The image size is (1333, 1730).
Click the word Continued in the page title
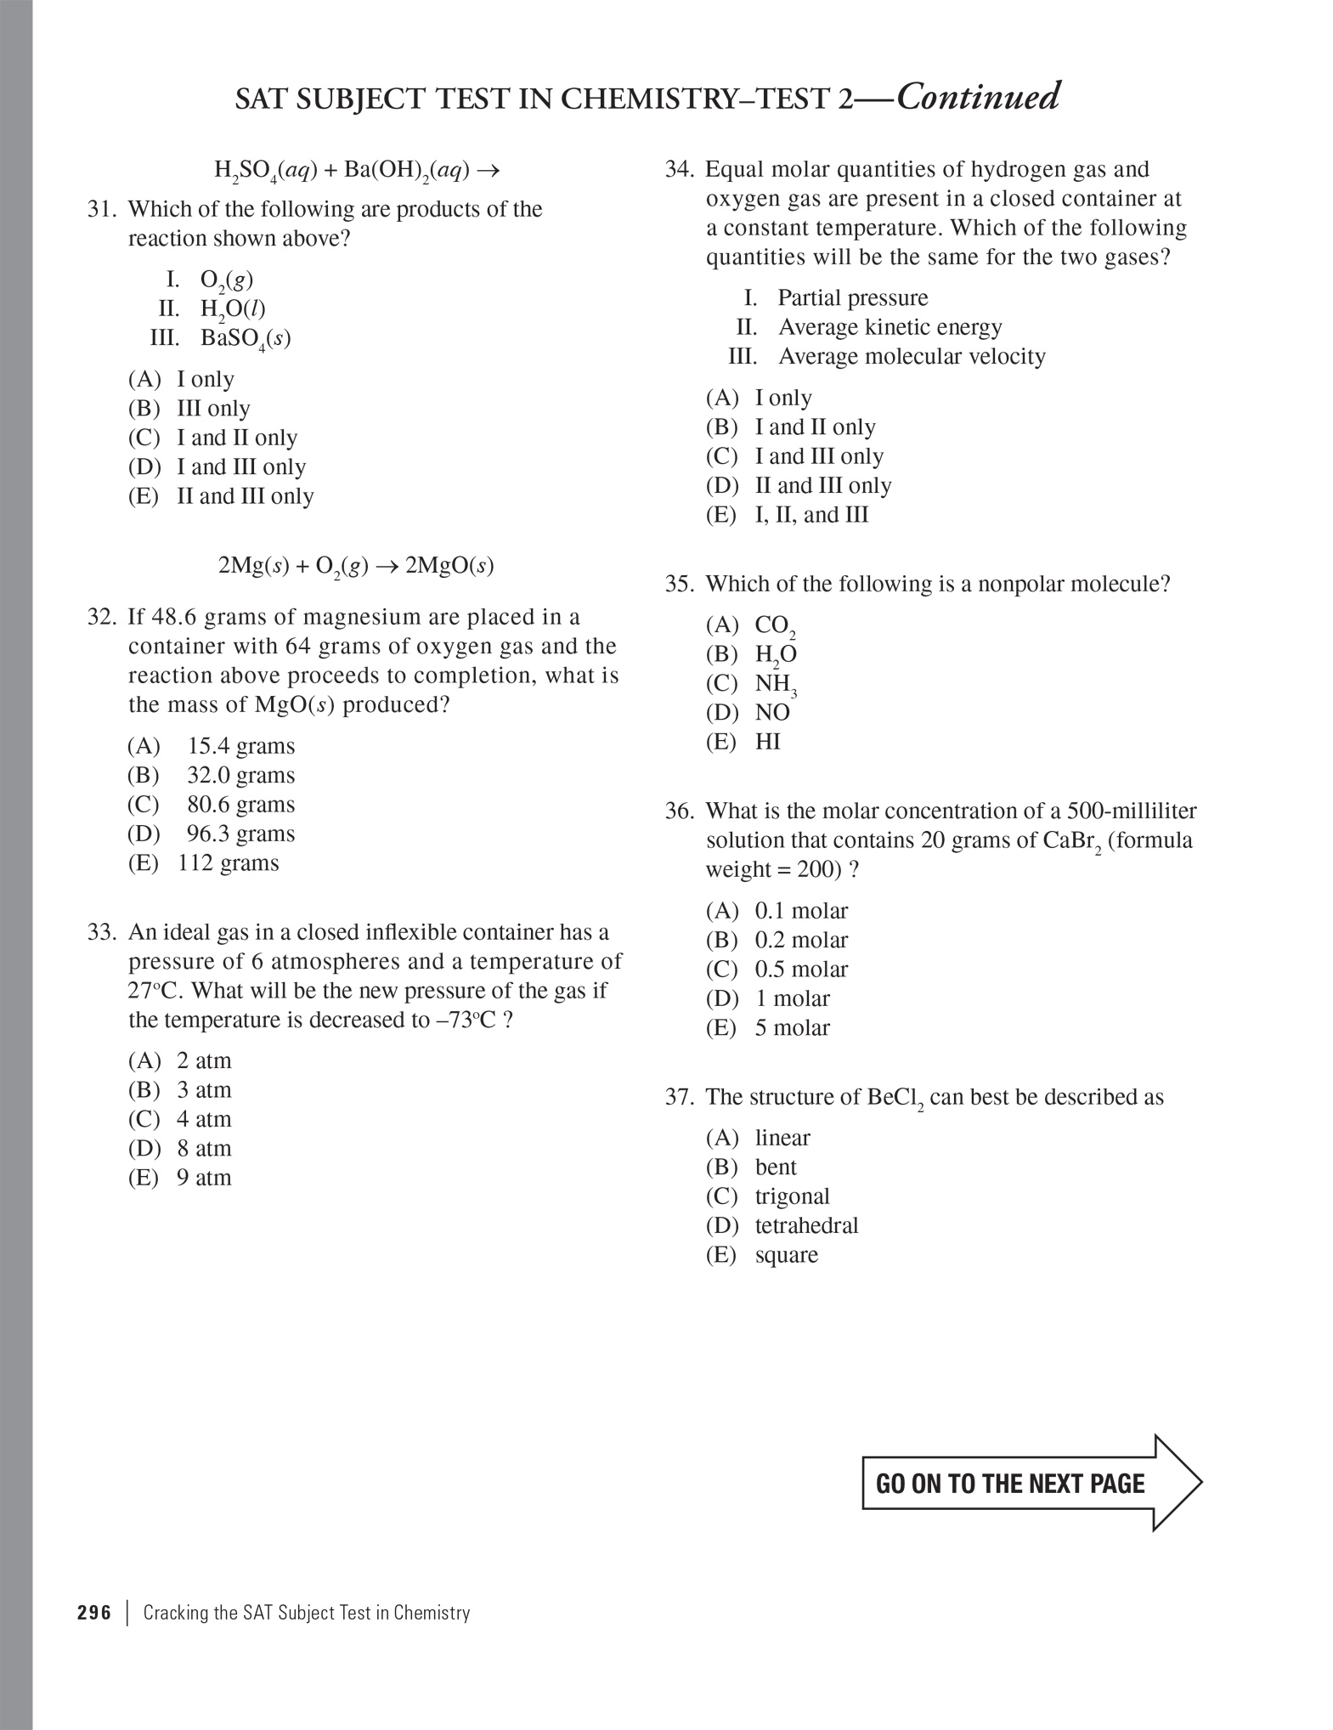(x=978, y=97)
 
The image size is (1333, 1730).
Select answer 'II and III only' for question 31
(x=245, y=496)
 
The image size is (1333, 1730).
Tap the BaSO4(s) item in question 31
(x=246, y=338)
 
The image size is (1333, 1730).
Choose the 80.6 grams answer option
(x=240, y=805)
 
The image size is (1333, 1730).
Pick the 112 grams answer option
(x=228, y=863)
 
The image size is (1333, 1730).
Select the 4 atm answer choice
(x=204, y=1119)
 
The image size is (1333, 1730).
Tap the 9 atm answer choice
(x=204, y=1178)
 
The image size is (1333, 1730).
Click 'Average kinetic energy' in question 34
(x=890, y=327)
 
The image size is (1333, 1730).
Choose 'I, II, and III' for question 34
(x=811, y=515)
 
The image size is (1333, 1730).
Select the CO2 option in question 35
(x=774, y=626)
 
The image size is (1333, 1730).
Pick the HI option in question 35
(x=767, y=742)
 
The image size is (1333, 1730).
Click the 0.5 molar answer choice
(x=801, y=970)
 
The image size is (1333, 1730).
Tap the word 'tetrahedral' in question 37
(x=806, y=1225)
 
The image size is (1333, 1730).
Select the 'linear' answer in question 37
(x=782, y=1138)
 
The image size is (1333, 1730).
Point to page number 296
(x=94, y=1613)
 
